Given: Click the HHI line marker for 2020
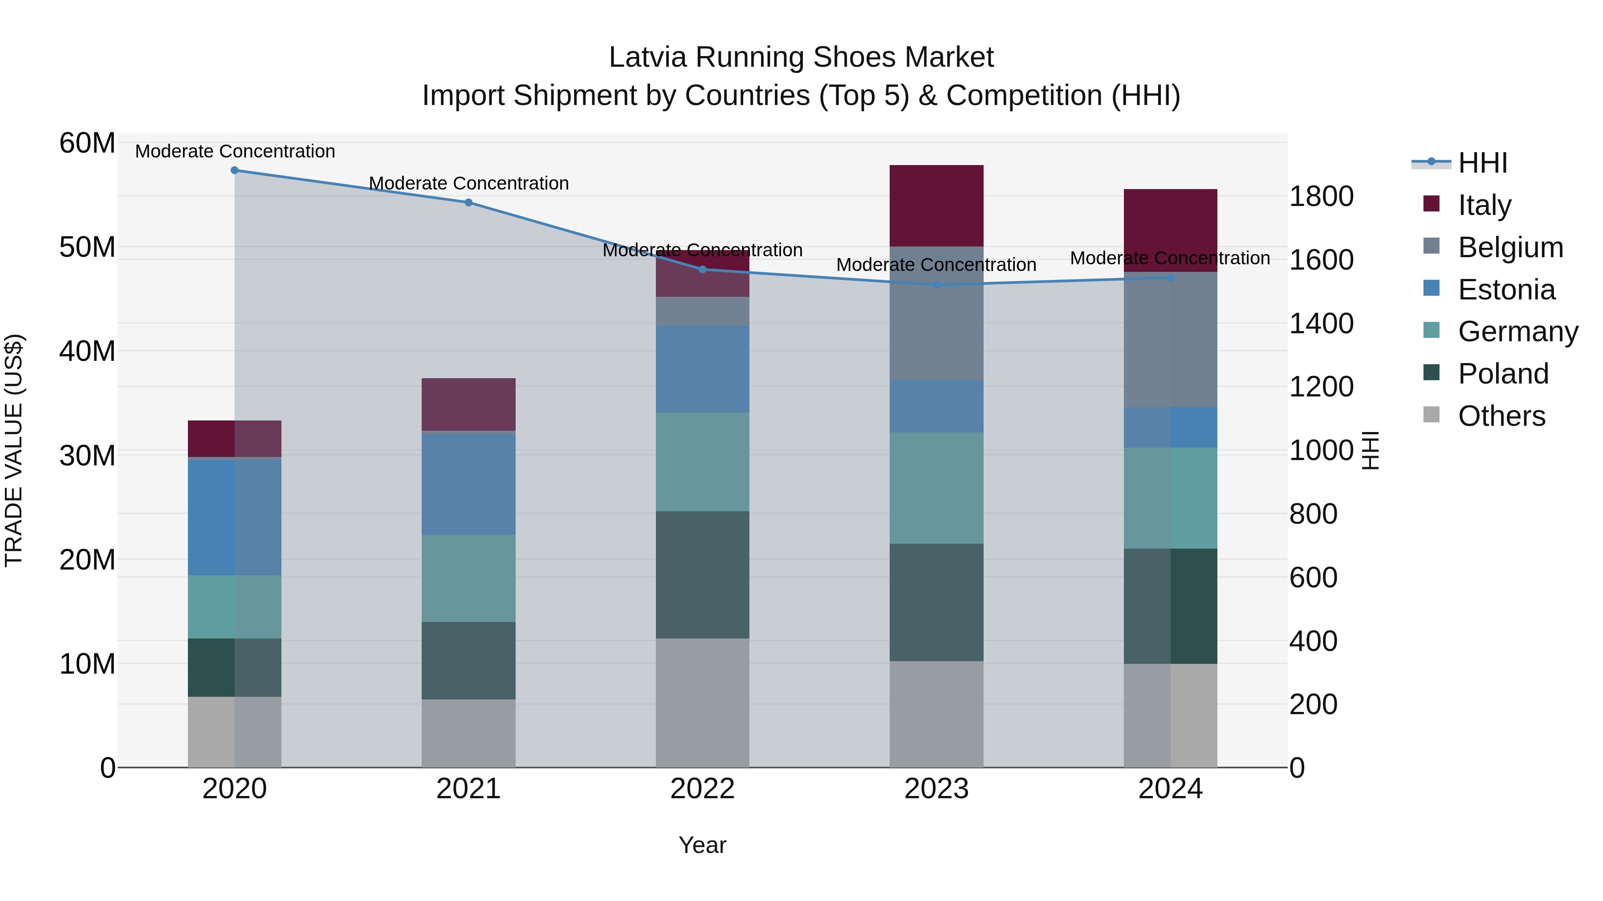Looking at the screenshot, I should click(x=235, y=170).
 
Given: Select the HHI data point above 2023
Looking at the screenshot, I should click(x=936, y=285).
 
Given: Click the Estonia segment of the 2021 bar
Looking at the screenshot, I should click(x=468, y=483).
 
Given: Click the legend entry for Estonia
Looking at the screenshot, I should click(x=1506, y=290).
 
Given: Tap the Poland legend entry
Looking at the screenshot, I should click(x=1502, y=374).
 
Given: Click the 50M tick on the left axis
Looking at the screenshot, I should click(x=87, y=247).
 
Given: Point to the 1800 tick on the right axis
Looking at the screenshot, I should click(x=1321, y=197).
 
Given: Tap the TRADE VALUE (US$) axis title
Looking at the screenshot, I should click(x=14, y=450).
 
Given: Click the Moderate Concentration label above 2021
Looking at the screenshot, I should click(x=468, y=183).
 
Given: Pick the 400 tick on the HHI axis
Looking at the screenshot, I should click(x=1313, y=641).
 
